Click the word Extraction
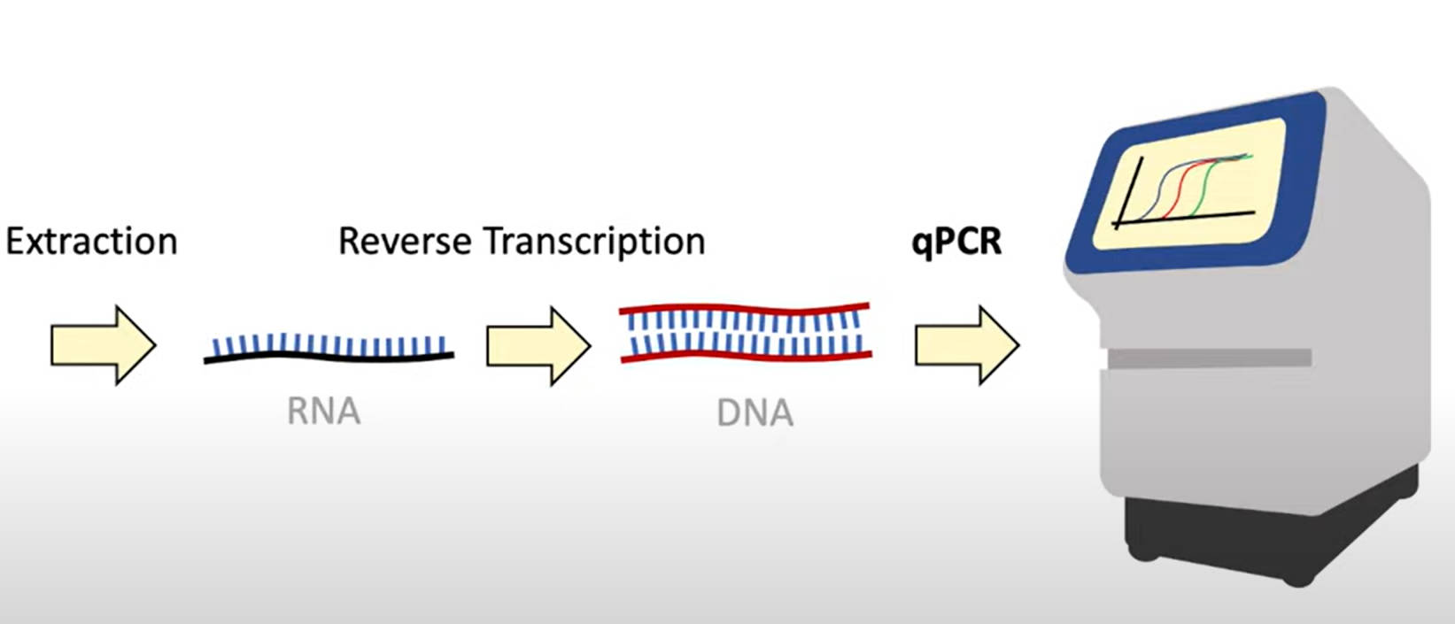click(x=91, y=242)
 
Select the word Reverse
click(x=404, y=242)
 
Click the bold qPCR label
click(x=956, y=241)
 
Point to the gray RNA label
click(x=323, y=412)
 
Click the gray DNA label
click(x=755, y=413)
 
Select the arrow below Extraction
click(x=102, y=345)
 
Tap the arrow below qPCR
click(x=966, y=345)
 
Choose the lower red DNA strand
click(x=744, y=358)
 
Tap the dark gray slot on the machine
click(x=1210, y=358)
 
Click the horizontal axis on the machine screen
click(x=1187, y=218)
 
